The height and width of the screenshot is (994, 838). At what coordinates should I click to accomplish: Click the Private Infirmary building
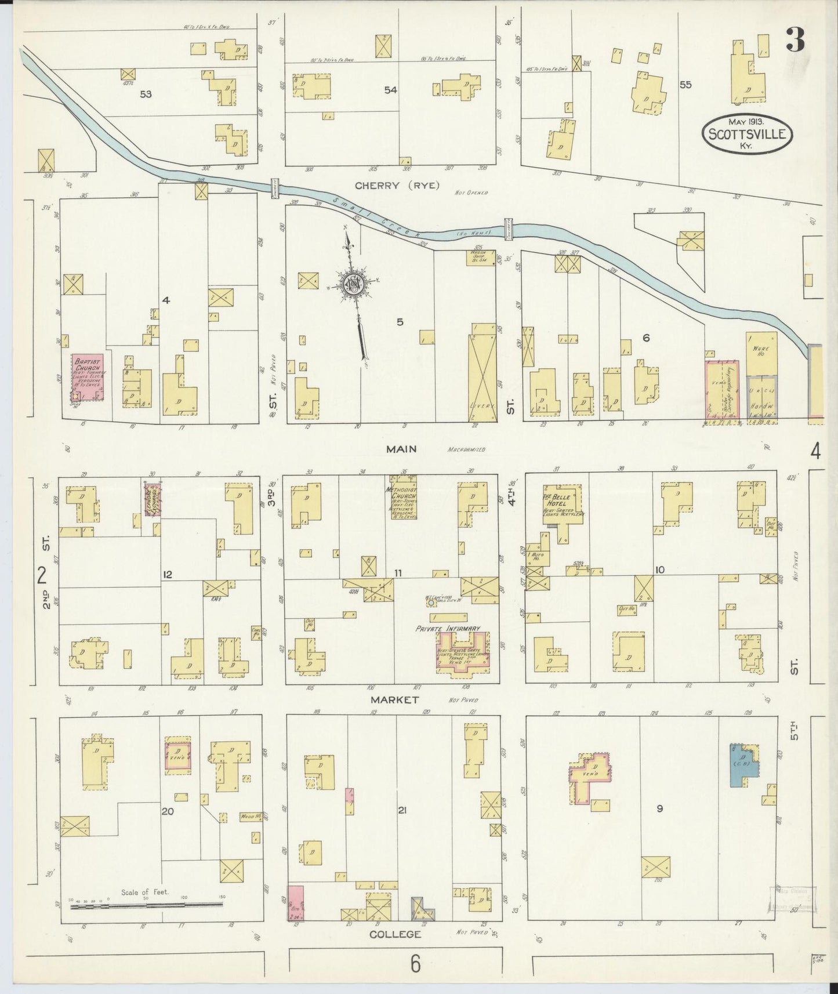462,653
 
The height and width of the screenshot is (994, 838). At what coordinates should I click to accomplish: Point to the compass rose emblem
352,284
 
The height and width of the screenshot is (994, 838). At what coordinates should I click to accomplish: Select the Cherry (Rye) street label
397,186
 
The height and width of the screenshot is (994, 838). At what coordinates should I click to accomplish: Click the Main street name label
403,449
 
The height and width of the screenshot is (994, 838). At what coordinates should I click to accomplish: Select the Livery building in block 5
483,371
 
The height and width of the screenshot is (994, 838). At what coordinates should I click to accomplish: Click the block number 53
146,94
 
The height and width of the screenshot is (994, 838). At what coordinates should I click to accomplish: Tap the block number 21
402,810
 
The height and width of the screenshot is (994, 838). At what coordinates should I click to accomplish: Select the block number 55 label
685,85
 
